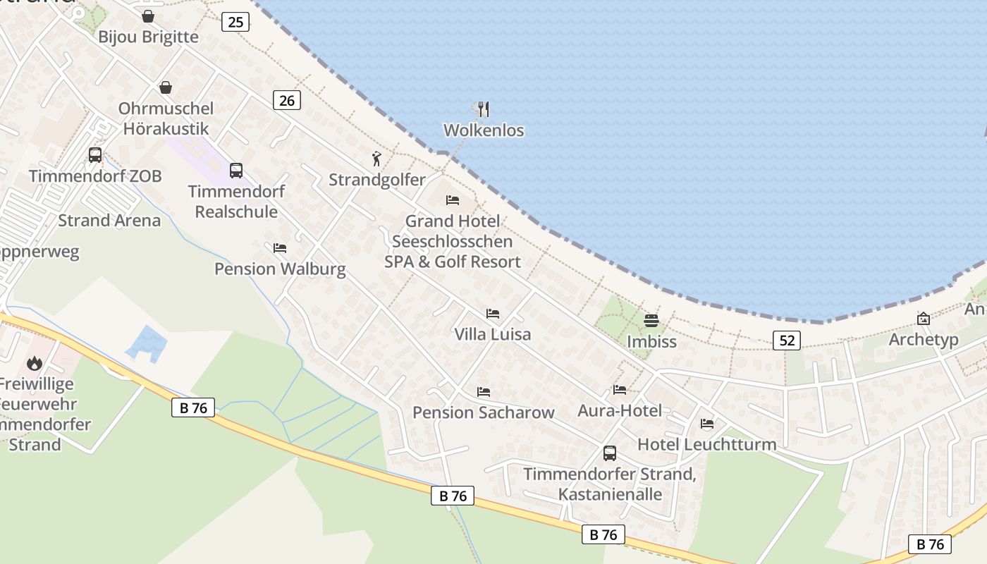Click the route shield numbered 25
(235, 22)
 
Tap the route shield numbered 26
(286, 100)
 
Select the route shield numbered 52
(787, 341)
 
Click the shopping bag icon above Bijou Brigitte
(148, 16)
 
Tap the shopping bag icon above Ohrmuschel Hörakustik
(166, 87)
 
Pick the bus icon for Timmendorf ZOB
(95, 155)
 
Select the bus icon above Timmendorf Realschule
(236, 171)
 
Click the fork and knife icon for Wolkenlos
(483, 109)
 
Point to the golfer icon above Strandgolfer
(377, 159)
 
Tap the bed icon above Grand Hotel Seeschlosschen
(453, 200)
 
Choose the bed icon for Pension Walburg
(280, 248)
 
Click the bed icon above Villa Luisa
(493, 313)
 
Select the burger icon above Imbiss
(651, 321)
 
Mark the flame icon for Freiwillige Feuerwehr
(34, 364)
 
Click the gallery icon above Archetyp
(924, 319)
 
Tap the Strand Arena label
(109, 221)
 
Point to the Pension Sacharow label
(484, 412)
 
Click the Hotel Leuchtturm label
(707, 444)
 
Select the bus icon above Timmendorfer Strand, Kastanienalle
(610, 453)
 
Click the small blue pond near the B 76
(147, 344)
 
